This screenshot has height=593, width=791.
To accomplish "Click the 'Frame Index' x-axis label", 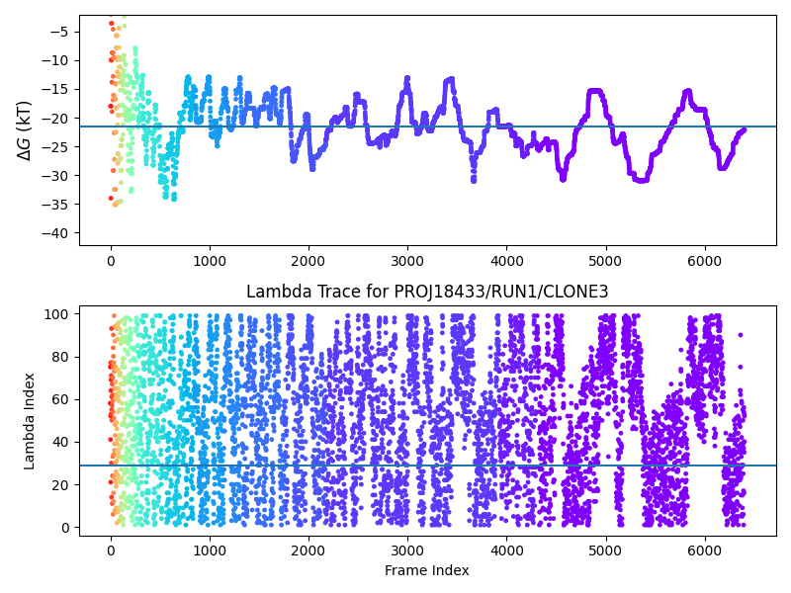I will point(428,570).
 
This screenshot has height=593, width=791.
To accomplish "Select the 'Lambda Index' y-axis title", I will point(30,420).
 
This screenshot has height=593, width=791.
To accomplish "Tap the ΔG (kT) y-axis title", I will point(24,129).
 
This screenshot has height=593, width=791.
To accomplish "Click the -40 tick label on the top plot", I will point(55,233).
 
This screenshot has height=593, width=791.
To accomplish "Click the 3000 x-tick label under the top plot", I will point(407,260).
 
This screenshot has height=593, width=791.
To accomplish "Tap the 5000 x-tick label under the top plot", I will point(606,260).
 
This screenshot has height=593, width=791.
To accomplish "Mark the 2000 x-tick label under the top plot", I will point(308,260).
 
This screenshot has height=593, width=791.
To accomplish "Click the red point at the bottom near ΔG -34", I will point(111,198).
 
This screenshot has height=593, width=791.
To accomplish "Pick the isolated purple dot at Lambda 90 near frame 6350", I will point(740,335).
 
